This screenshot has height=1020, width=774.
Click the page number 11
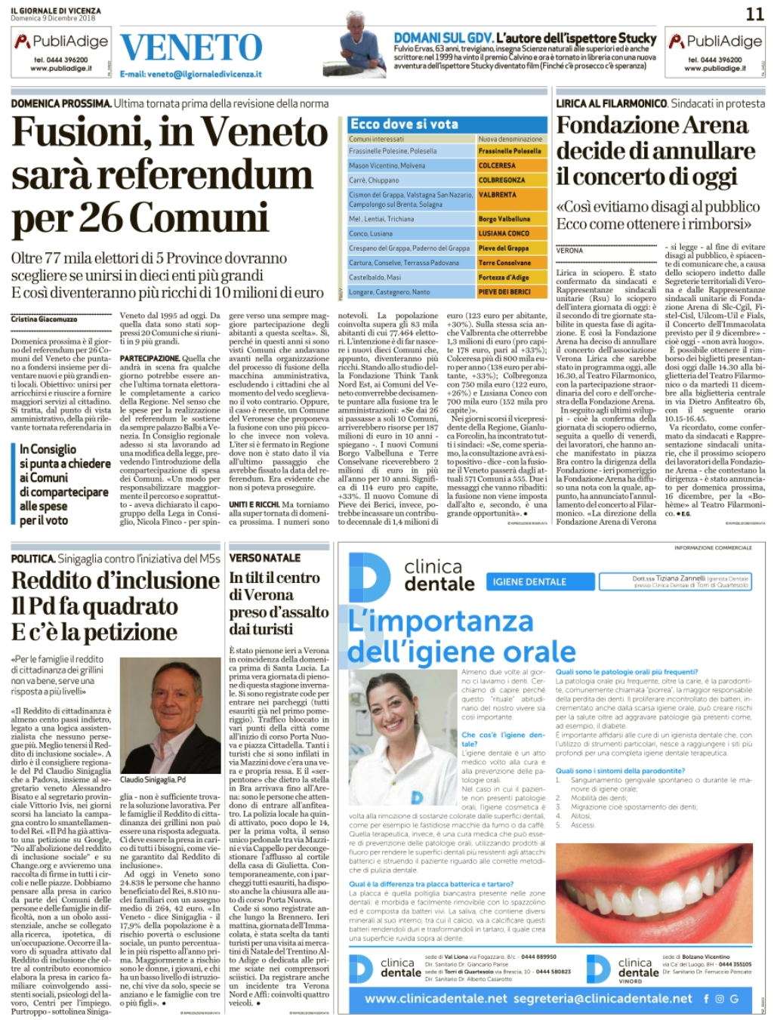[x=754, y=14]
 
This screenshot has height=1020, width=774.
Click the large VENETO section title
[x=192, y=48]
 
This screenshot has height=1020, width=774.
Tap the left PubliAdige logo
[x=61, y=42]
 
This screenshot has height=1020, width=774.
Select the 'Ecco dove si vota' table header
[x=404, y=124]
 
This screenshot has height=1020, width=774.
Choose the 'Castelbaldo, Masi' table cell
[x=375, y=278]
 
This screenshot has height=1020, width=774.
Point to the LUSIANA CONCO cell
[x=504, y=233]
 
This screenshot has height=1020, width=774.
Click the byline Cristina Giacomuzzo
[x=44, y=319]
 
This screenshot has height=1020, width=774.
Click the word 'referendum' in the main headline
[x=205, y=175]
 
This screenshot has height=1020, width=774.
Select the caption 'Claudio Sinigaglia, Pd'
[x=153, y=779]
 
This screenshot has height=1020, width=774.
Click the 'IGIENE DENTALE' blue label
[x=529, y=581]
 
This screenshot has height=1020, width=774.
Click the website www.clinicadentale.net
[x=436, y=998]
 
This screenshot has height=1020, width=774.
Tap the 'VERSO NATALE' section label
[x=265, y=558]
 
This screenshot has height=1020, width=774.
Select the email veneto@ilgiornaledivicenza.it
[x=190, y=74]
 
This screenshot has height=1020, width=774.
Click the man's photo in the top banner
[x=365, y=50]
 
